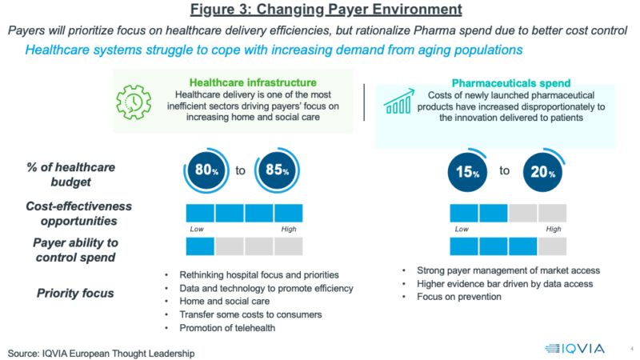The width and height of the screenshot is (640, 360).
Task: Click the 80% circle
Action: click(x=204, y=170)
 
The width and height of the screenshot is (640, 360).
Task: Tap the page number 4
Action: click(x=631, y=348)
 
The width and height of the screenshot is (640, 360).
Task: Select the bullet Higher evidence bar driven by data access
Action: click(x=505, y=284)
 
